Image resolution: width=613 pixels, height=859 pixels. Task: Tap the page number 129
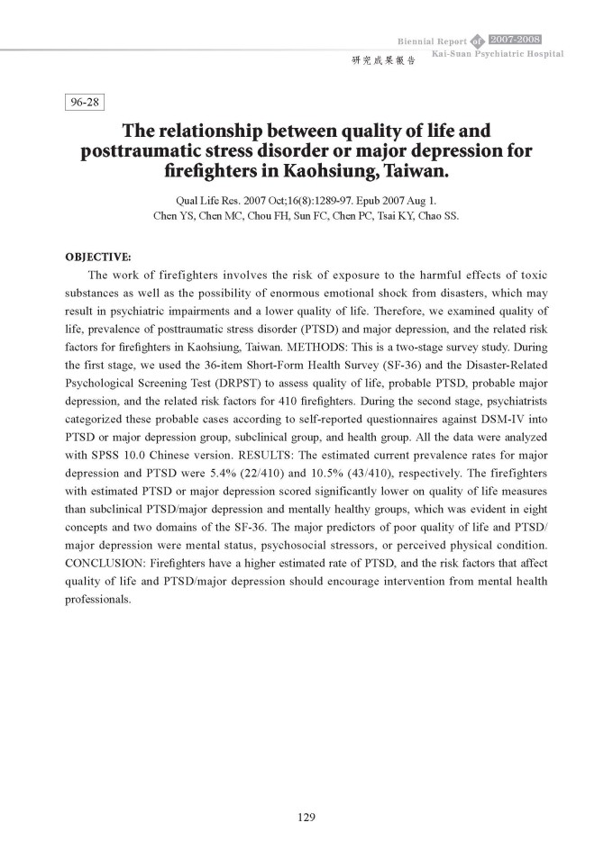[306, 818]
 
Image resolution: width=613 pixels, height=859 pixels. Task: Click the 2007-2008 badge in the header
[515, 40]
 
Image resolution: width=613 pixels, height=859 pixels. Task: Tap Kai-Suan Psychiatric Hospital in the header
[498, 55]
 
